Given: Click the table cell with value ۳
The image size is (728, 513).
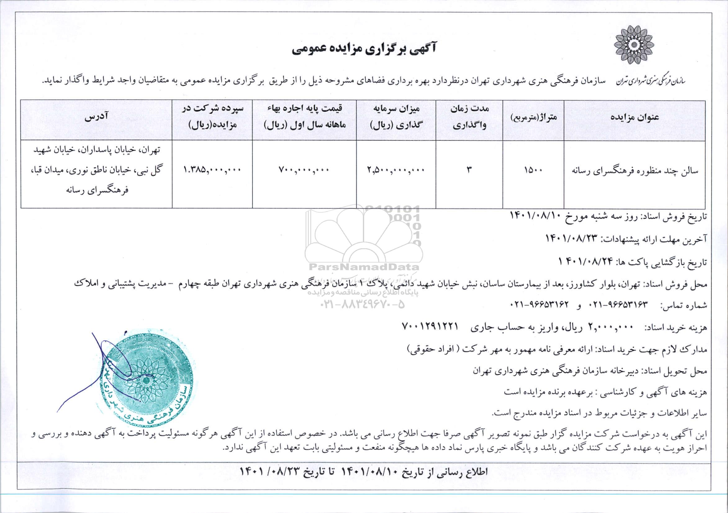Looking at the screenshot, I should pyautogui.click(x=468, y=170).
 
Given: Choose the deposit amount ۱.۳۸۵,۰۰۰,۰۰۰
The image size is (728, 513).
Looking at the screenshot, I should pyautogui.click(x=212, y=170).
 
